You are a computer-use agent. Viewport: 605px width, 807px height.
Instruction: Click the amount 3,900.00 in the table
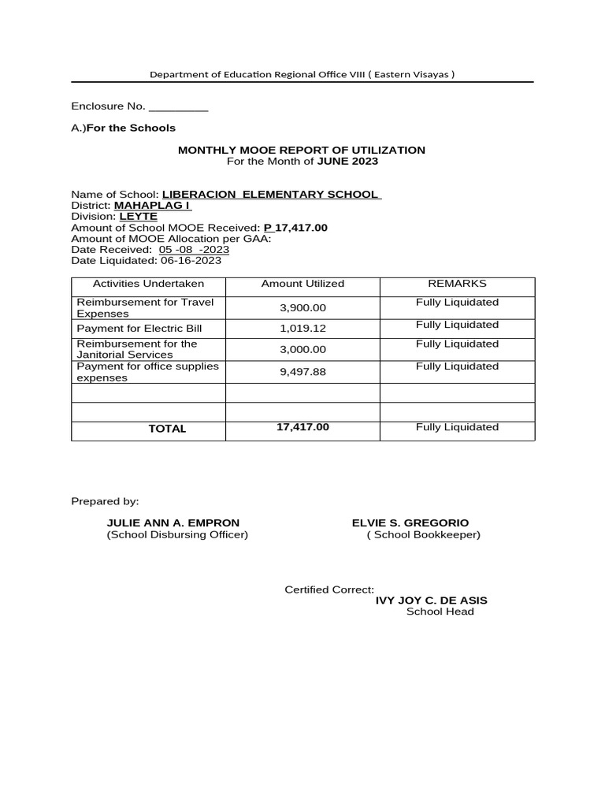point(302,308)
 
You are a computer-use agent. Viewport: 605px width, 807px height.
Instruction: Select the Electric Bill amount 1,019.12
point(302,329)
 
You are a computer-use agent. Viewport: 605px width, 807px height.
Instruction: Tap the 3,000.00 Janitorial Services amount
point(302,349)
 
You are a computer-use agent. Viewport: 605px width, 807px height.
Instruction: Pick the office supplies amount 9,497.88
point(302,372)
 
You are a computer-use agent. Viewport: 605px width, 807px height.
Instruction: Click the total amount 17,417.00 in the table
point(302,427)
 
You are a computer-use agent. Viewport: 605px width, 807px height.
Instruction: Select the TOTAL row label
point(167,429)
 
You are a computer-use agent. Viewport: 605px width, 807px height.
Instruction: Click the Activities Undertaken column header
point(148,284)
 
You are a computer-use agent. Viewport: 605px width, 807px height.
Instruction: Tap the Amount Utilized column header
point(302,284)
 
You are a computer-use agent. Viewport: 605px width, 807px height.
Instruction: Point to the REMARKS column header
point(457,284)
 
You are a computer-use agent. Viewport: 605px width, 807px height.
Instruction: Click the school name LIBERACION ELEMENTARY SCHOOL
point(271,195)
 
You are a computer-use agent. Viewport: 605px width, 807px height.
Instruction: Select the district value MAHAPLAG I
point(152,206)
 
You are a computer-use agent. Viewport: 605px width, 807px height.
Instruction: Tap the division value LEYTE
point(138,216)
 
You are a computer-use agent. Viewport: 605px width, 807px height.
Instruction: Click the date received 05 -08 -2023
point(194,250)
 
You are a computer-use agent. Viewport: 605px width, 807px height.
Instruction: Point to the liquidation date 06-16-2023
point(191,261)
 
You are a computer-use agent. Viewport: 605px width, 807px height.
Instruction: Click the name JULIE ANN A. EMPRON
point(173,523)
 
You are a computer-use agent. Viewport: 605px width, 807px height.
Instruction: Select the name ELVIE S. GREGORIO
point(410,523)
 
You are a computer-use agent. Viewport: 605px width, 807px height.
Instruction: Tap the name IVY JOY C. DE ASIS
point(431,601)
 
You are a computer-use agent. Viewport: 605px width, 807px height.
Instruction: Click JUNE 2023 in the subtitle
point(347,161)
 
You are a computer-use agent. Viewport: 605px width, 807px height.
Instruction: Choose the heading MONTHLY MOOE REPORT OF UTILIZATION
point(302,150)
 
